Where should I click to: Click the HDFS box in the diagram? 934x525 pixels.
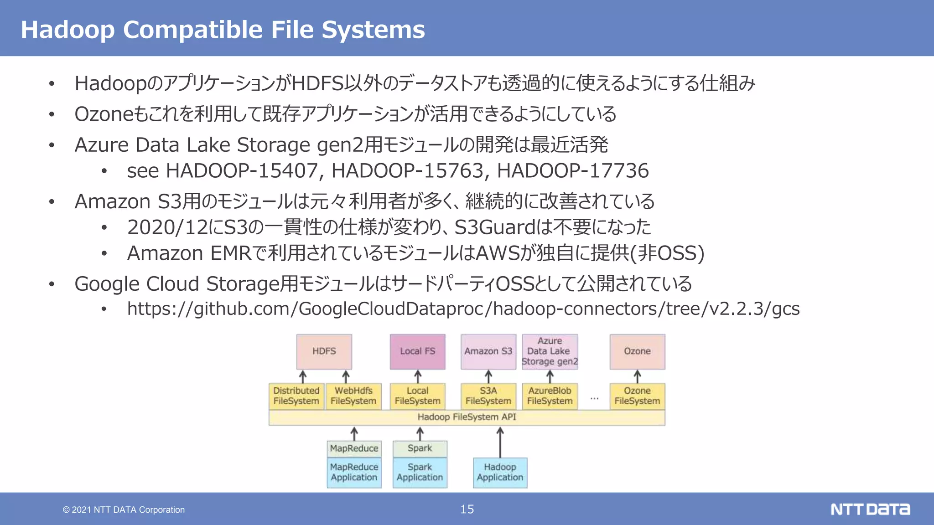coord(324,351)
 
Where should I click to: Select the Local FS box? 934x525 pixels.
coord(417,351)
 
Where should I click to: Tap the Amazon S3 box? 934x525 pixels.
coord(488,351)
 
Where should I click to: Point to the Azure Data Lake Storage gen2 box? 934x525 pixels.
coord(550,351)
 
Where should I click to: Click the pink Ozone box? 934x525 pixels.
coord(637,351)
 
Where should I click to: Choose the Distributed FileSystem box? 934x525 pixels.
coord(296,396)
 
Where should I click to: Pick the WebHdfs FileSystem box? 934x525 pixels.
coord(353,396)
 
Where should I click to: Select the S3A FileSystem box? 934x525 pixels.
coord(488,396)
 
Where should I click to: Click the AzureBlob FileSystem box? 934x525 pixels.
coord(550,396)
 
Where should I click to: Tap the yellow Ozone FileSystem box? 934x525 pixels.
coord(637,396)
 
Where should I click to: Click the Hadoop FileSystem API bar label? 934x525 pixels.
coord(467,417)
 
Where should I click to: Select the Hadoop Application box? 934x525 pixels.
coord(500,473)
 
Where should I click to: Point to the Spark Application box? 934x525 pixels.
coord(420,473)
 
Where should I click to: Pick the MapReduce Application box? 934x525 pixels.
coord(354,473)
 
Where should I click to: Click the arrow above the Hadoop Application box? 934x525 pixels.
coord(500,442)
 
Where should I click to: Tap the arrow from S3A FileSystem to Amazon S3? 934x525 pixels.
coord(488,376)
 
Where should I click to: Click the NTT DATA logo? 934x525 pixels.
coord(870,509)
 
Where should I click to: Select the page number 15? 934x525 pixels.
coord(467,509)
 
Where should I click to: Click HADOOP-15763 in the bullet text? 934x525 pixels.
coord(407,171)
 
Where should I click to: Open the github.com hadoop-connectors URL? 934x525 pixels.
coord(463,309)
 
